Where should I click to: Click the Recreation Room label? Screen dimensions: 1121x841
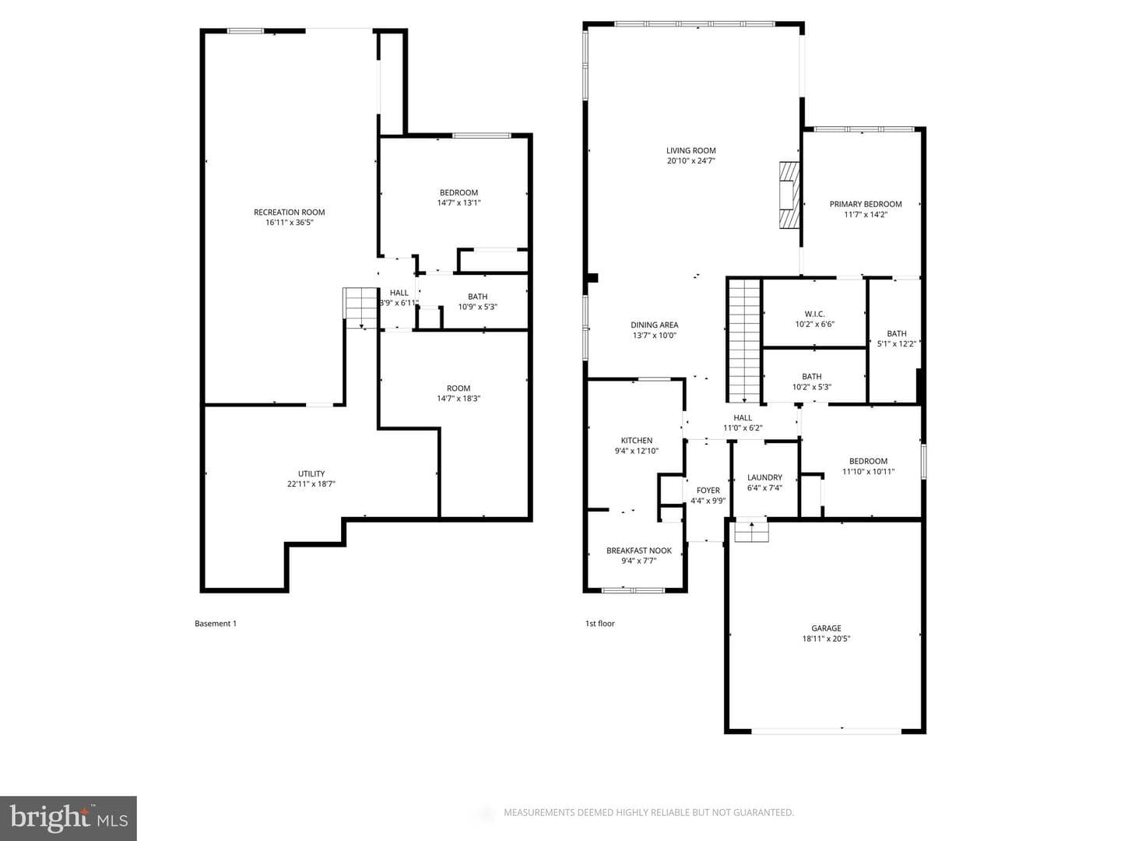[289, 213]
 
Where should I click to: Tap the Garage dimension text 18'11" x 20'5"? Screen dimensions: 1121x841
[826, 639]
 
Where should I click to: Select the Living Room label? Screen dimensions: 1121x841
[691, 150]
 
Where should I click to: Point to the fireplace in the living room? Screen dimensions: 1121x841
[789, 195]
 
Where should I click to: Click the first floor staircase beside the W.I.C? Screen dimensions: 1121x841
[744, 340]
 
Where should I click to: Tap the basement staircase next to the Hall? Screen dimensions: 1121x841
[360, 308]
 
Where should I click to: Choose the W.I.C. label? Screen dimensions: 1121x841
[814, 314]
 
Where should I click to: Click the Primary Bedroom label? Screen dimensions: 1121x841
[866, 204]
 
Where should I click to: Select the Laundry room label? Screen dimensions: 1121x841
[764, 477]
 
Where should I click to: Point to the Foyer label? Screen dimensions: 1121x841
[708, 491]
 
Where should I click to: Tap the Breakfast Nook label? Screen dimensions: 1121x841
[639, 551]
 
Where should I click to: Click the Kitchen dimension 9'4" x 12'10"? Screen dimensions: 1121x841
[636, 451]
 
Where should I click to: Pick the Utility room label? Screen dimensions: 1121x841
[311, 474]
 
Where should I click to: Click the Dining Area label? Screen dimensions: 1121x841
[654, 325]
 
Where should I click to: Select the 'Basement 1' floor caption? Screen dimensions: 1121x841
[216, 624]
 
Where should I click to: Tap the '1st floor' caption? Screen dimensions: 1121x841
[599, 624]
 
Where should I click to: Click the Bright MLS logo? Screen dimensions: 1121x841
[69, 818]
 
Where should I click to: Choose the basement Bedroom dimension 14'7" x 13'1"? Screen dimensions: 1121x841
[459, 202]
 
